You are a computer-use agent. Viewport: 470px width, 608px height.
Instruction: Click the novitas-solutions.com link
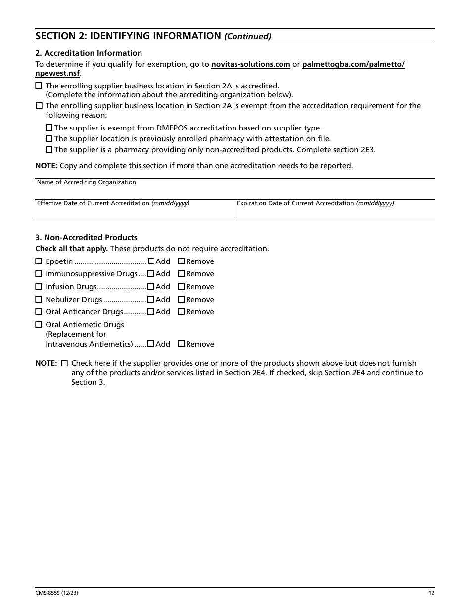tap(250, 64)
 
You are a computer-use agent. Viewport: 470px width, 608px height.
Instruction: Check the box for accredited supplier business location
tap(39, 86)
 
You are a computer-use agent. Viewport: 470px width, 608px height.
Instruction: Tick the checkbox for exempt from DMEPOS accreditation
tap(49, 128)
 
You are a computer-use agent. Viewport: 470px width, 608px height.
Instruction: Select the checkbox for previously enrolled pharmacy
tap(49, 139)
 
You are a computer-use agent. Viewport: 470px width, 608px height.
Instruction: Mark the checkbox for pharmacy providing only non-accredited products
tap(49, 149)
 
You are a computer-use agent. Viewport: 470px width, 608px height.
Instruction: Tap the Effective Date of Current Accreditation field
tap(135, 213)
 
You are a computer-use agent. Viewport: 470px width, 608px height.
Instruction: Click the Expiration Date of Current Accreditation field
tap(335, 213)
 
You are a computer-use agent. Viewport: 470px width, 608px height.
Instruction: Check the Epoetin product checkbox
tap(39, 261)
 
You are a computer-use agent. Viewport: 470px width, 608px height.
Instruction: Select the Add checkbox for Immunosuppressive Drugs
tap(151, 274)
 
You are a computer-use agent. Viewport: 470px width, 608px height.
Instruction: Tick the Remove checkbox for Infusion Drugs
tap(182, 287)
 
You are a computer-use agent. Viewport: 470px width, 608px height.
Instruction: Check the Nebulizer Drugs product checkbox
tap(39, 300)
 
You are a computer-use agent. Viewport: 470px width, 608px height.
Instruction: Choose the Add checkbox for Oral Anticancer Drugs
tap(151, 312)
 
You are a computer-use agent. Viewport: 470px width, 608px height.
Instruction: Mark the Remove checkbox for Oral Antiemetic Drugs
tap(182, 344)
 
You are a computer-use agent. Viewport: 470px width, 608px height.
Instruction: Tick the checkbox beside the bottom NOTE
tap(64, 363)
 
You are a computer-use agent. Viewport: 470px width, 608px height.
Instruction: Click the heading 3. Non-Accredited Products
tap(86, 238)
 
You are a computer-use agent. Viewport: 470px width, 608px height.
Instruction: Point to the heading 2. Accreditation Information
tap(89, 53)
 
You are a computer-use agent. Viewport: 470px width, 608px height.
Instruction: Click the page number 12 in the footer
tap(431, 593)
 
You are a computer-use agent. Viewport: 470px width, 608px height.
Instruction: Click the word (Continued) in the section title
tap(248, 36)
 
